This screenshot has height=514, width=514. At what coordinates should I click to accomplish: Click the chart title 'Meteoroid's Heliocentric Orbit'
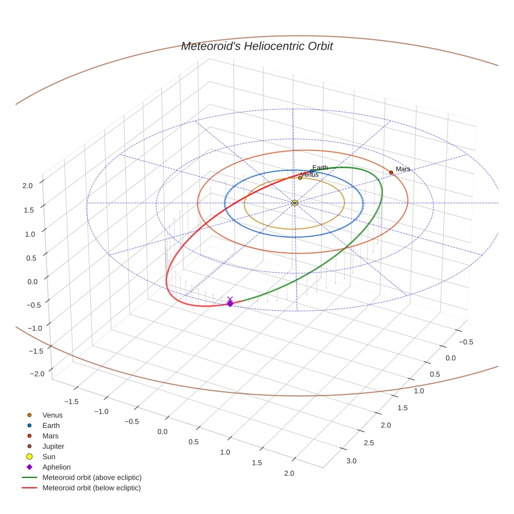click(256, 46)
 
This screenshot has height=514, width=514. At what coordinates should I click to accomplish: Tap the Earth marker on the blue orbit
click(311, 171)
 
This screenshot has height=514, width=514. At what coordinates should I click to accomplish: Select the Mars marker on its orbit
click(391, 172)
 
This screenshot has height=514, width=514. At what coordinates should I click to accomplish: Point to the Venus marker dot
click(300, 178)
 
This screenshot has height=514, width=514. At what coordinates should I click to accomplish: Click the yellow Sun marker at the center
click(295, 203)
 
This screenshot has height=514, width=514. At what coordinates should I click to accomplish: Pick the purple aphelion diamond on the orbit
click(230, 303)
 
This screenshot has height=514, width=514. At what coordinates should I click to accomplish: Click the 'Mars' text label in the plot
click(403, 169)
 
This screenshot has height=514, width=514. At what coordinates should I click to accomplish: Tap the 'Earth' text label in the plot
click(320, 168)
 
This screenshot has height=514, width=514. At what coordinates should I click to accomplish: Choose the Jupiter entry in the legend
click(53, 447)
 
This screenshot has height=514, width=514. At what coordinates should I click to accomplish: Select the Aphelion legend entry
click(56, 468)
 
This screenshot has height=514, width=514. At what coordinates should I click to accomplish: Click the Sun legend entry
click(49, 457)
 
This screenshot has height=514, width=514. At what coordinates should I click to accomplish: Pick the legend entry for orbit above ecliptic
click(92, 478)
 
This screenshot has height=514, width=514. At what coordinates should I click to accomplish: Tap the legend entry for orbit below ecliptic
click(91, 488)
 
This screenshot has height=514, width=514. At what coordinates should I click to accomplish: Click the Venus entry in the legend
click(52, 415)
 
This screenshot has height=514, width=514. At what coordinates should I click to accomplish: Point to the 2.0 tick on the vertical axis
click(28, 185)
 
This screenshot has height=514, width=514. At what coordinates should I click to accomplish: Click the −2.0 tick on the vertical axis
click(25, 373)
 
